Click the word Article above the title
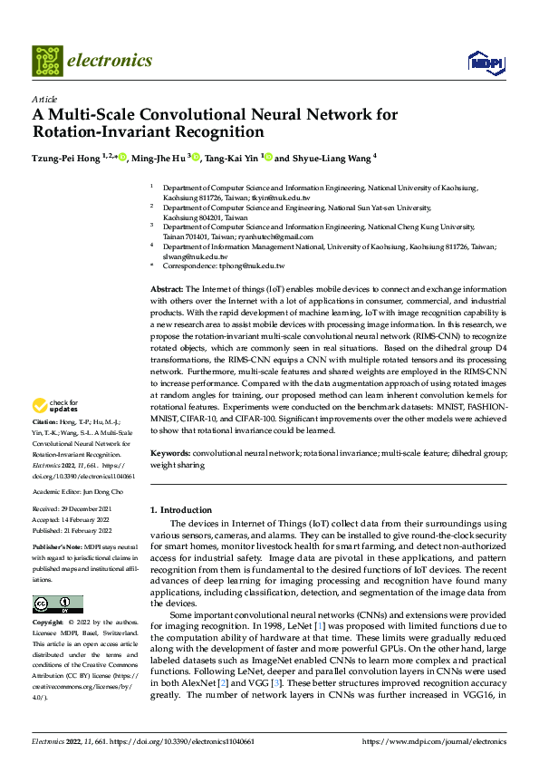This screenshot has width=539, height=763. (44, 99)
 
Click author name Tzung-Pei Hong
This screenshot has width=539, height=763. (65, 158)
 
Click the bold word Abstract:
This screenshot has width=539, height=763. (167, 286)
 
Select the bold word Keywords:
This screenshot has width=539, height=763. (169, 452)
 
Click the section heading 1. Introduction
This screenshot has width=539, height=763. (181, 510)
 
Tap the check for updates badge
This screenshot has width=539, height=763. (56, 406)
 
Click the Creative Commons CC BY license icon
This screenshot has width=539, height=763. (57, 604)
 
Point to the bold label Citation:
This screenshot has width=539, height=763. (46, 422)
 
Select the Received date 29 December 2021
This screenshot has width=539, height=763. (93, 509)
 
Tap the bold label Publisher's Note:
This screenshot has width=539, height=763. (58, 547)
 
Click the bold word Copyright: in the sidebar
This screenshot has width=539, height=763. (51, 623)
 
